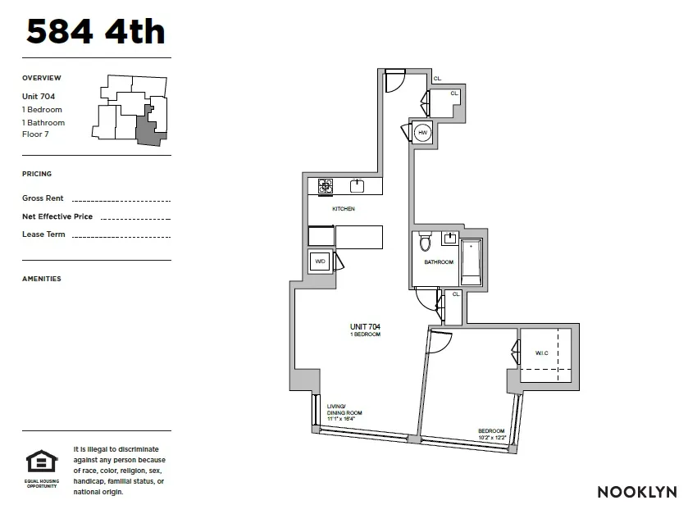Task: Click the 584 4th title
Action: point(96,31)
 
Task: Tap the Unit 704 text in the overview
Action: point(39,96)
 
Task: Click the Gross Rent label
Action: point(43,198)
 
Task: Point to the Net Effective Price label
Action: point(57,216)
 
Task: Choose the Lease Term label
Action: point(43,234)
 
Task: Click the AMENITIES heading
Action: point(42,279)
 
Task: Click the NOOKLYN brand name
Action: point(636,492)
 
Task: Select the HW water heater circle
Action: point(423,133)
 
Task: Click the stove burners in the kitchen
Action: point(326,186)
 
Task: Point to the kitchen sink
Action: point(358,185)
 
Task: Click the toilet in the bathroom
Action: point(425,243)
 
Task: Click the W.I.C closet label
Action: point(541,353)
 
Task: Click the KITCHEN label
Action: point(343,209)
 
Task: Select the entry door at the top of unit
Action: point(394,80)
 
